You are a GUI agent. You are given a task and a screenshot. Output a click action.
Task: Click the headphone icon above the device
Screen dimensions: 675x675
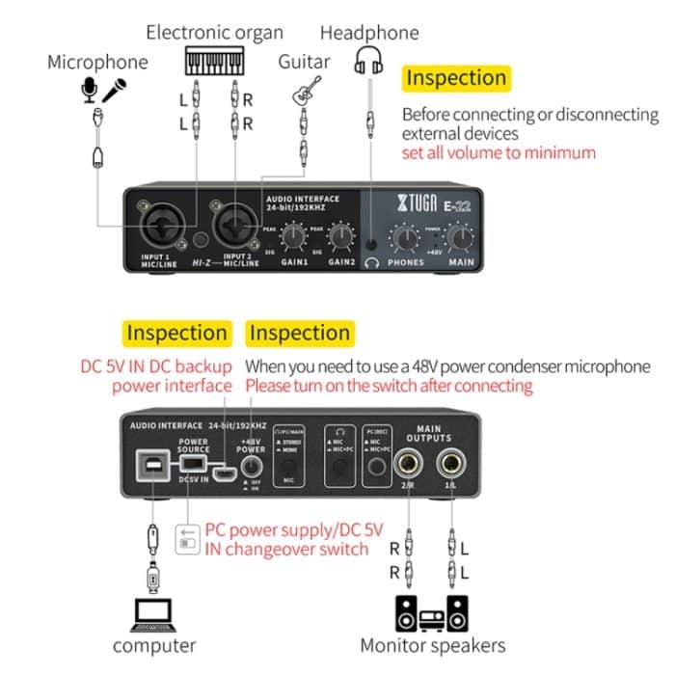click(369, 61)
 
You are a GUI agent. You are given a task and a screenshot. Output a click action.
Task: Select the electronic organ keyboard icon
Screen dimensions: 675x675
click(214, 62)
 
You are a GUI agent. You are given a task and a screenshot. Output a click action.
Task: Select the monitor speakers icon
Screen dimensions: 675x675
click(433, 612)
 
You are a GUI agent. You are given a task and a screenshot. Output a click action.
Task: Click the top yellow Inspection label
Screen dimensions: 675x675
click(455, 78)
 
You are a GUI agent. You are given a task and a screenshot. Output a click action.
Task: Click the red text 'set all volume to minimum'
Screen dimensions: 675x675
click(499, 152)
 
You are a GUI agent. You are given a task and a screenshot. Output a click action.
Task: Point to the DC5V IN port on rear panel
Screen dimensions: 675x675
click(226, 473)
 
